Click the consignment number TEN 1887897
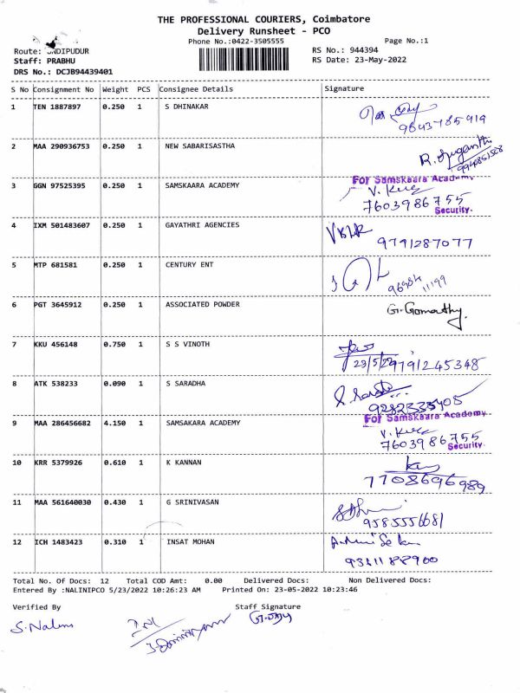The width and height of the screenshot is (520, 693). click(57, 107)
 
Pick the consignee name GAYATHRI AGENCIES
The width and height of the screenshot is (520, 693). click(202, 225)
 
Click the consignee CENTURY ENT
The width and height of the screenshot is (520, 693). click(189, 265)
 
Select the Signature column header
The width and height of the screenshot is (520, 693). click(344, 88)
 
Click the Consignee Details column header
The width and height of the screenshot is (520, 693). click(197, 89)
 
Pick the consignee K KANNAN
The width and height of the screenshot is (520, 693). click(183, 463)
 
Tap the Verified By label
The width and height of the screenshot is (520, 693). click(36, 607)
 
